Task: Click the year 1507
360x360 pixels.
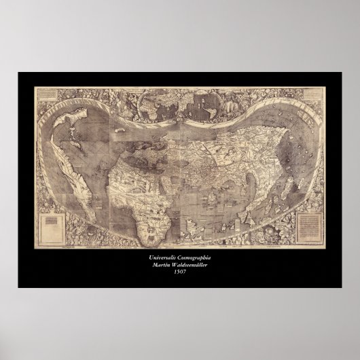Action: coord(179,272)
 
